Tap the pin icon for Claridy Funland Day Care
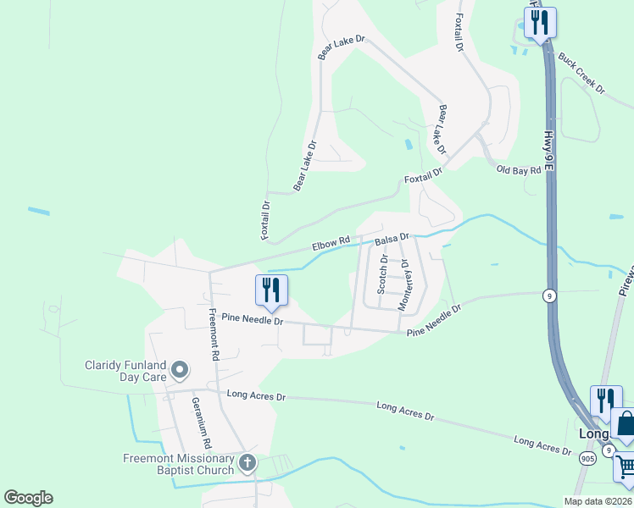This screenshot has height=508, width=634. pyautogui.click(x=180, y=369)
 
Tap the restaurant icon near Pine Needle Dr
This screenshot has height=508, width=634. pyautogui.click(x=271, y=290)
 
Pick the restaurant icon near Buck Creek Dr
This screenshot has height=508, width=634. pyautogui.click(x=539, y=22)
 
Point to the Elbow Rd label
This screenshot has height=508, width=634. pyautogui.click(x=331, y=245)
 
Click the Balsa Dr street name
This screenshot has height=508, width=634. pyautogui.click(x=392, y=240)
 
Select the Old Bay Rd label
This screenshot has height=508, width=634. pyautogui.click(x=518, y=169)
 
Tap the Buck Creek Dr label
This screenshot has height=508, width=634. pyautogui.click(x=581, y=74)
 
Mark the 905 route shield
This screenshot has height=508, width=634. pyautogui.click(x=587, y=458)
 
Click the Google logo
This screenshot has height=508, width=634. pyautogui.click(x=28, y=498)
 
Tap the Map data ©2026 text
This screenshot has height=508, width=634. pyautogui.click(x=598, y=501)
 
